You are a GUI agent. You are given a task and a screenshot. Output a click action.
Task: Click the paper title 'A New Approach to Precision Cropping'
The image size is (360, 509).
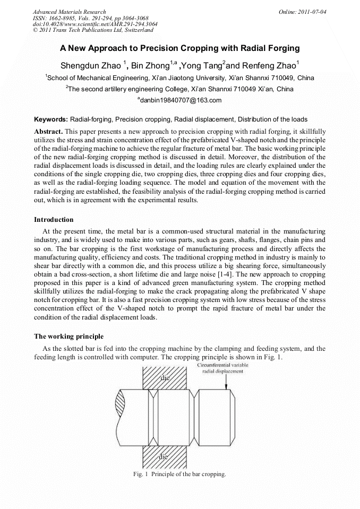click(x=179, y=48)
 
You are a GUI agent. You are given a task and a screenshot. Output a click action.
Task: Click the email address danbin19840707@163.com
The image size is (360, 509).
click(x=181, y=100)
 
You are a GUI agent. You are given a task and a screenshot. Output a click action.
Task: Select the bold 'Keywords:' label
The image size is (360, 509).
click(x=51, y=119)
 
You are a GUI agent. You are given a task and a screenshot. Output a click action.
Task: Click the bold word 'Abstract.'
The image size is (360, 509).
click(x=49, y=131)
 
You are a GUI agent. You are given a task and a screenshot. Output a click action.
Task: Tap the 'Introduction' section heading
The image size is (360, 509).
click(x=54, y=219)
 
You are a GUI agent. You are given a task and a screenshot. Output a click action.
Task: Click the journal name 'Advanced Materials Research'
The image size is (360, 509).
click(x=70, y=12)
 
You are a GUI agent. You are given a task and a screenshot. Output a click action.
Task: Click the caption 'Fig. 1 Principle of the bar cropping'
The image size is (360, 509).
click(x=179, y=474)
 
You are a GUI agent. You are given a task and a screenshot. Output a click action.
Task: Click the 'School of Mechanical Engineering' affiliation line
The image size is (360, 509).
click(x=179, y=77)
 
